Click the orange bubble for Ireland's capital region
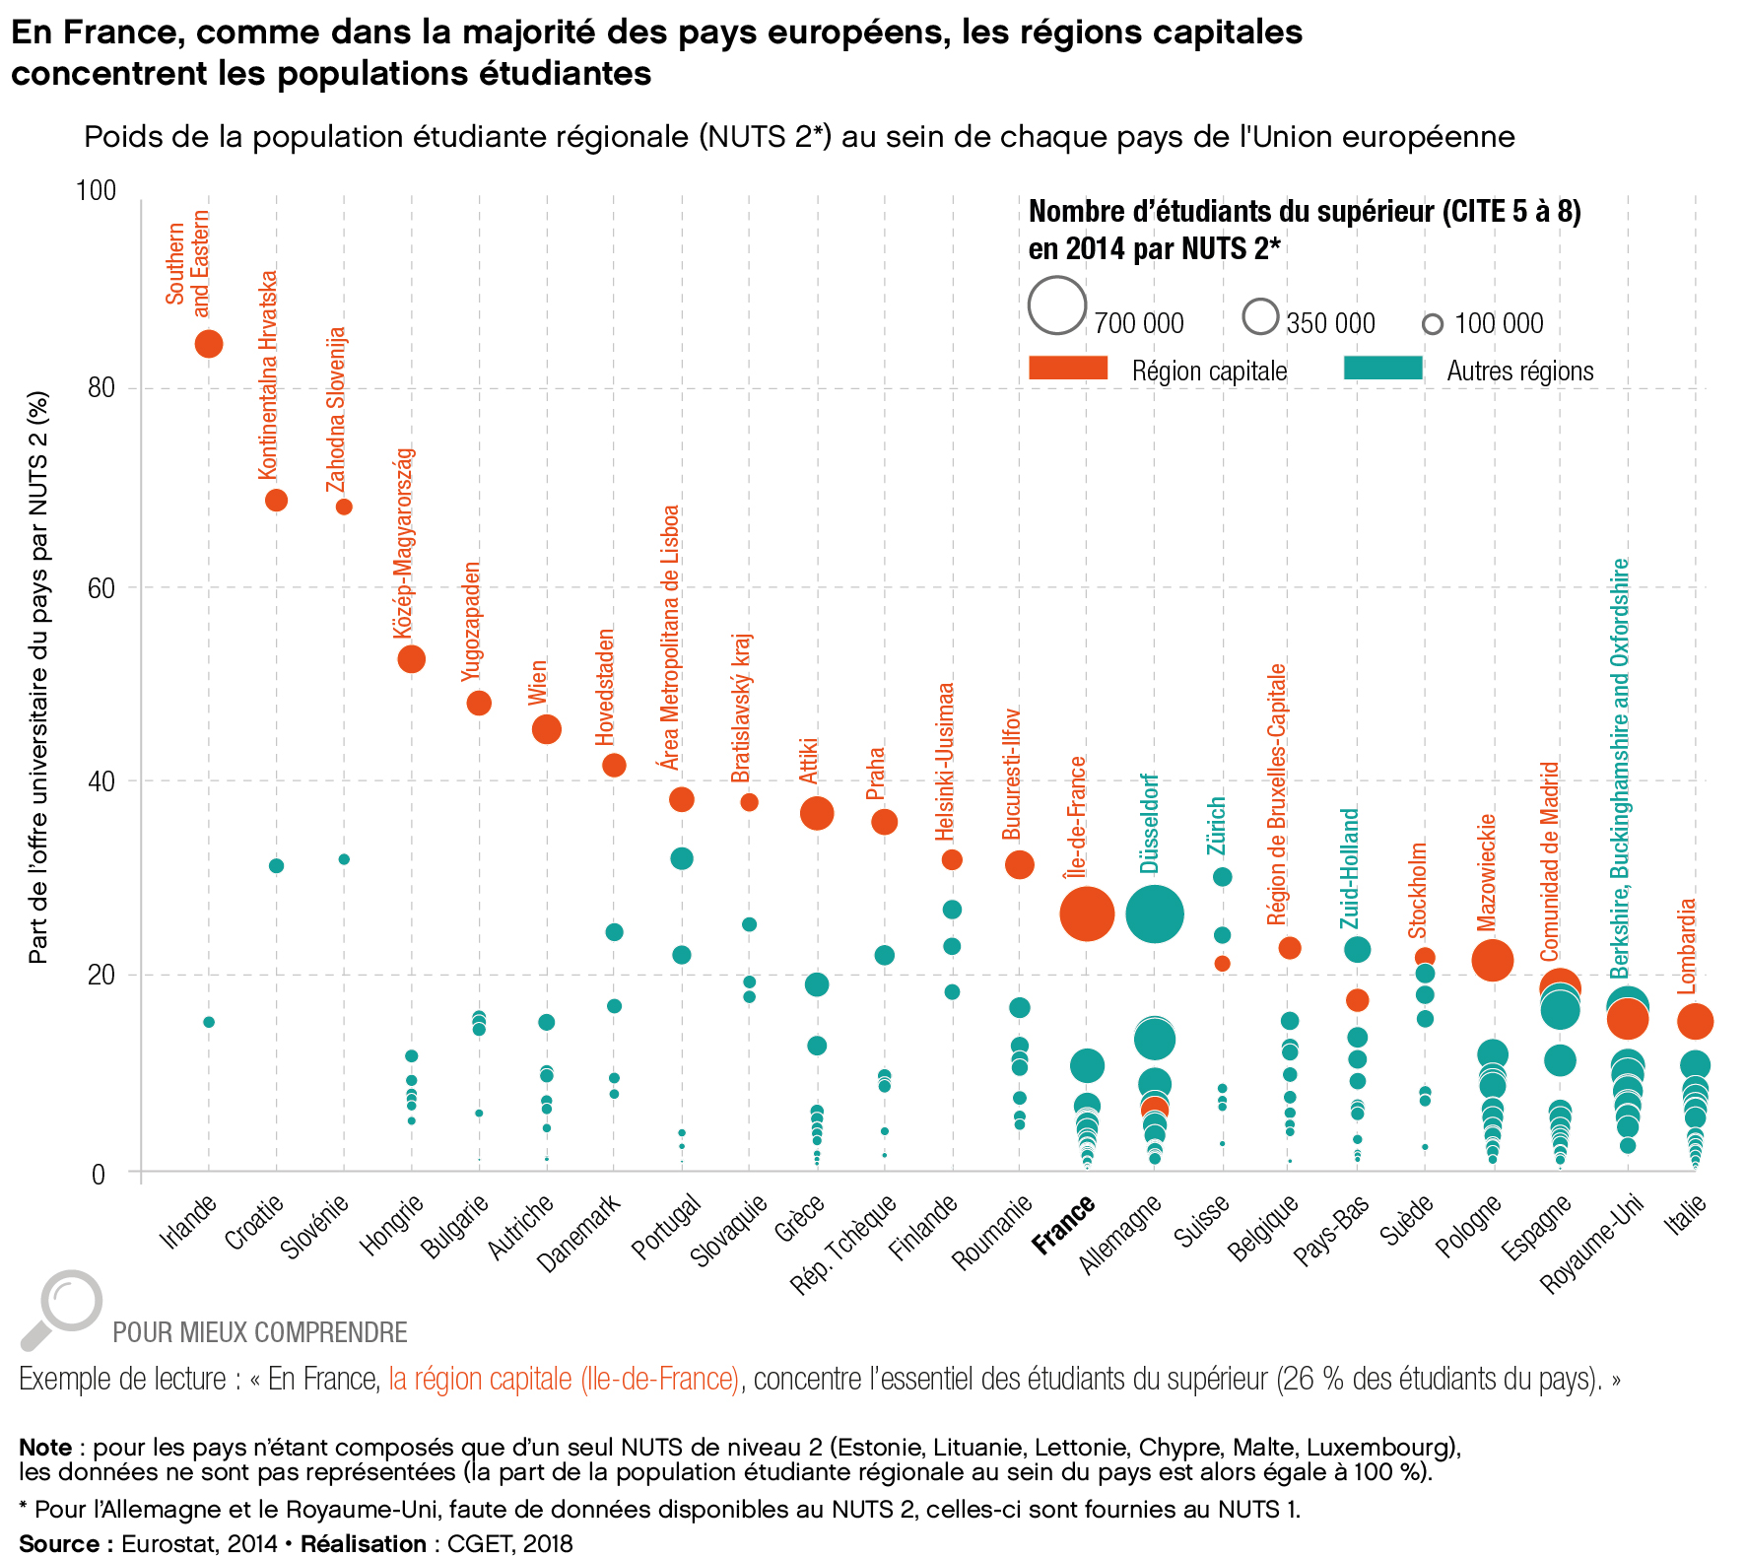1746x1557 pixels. tap(208, 344)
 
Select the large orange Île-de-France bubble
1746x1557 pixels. tap(1087, 914)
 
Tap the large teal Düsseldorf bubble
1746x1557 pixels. tap(1154, 914)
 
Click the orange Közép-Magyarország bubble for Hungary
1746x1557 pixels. tap(411, 659)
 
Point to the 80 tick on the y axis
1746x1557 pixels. tap(101, 387)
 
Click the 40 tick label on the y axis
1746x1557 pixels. tap(101, 781)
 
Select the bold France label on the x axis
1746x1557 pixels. tap(1064, 1224)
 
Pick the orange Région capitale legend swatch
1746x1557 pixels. tap(1068, 369)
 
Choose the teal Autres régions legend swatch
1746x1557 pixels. tap(1383, 369)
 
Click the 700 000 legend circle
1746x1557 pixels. tap(1057, 305)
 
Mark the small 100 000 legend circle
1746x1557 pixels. tap(1433, 324)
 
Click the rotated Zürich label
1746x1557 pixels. tap(1217, 826)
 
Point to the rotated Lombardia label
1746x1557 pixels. tap(1688, 945)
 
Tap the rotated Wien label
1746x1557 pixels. tap(537, 682)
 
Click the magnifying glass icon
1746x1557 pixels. tap(61, 1309)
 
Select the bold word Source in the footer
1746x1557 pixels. tap(59, 1543)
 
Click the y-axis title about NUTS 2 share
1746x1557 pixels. tap(38, 677)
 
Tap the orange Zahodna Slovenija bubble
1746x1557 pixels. tap(344, 507)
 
